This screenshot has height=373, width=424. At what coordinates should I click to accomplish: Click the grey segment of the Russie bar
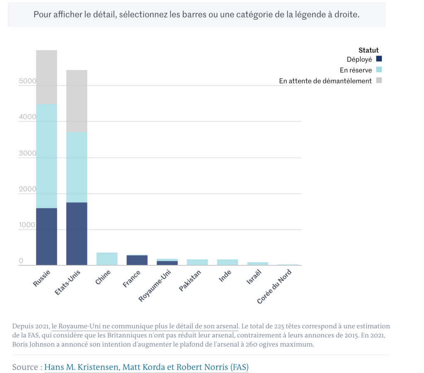[x=46, y=77]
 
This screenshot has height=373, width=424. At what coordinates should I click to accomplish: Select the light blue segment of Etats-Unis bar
[x=77, y=167]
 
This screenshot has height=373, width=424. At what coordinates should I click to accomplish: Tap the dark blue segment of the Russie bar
[x=46, y=236]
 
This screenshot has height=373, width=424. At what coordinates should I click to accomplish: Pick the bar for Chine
[x=107, y=259]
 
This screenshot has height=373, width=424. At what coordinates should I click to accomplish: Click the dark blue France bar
[x=137, y=260]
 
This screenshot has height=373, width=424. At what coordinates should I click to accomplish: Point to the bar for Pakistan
[x=197, y=262]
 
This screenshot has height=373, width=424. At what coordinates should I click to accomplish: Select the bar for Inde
[x=228, y=262]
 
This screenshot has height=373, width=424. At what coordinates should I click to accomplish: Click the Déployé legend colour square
[x=379, y=59]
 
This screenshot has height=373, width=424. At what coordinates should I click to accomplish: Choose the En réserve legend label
[x=356, y=70]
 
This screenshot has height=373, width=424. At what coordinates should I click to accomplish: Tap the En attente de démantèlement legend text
[x=325, y=81]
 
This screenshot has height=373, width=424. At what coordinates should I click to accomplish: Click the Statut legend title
[x=368, y=50]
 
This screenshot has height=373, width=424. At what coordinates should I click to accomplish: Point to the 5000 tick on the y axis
[x=28, y=81]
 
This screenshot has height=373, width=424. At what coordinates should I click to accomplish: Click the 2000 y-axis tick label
[x=28, y=189]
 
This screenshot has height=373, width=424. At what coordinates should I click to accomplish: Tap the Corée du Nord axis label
[x=274, y=286]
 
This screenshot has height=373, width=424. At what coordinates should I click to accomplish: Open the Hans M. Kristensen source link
[x=146, y=367]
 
